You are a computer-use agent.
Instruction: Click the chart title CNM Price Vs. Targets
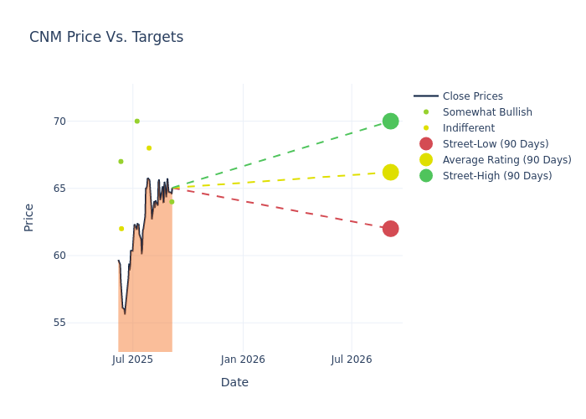(106, 38)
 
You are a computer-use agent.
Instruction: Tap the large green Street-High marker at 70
(390, 122)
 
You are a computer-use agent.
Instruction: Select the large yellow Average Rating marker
(390, 172)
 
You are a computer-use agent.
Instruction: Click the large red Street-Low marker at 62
(390, 229)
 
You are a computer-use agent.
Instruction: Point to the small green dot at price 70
(137, 122)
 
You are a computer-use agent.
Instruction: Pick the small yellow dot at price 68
(149, 148)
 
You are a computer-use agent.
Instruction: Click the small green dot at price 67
(121, 162)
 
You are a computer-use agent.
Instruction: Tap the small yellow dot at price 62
(121, 229)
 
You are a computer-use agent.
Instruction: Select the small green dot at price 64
(172, 202)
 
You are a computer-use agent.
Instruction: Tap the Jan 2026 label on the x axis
(243, 360)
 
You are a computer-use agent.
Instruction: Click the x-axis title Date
(234, 383)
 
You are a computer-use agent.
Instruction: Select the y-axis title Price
(29, 217)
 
